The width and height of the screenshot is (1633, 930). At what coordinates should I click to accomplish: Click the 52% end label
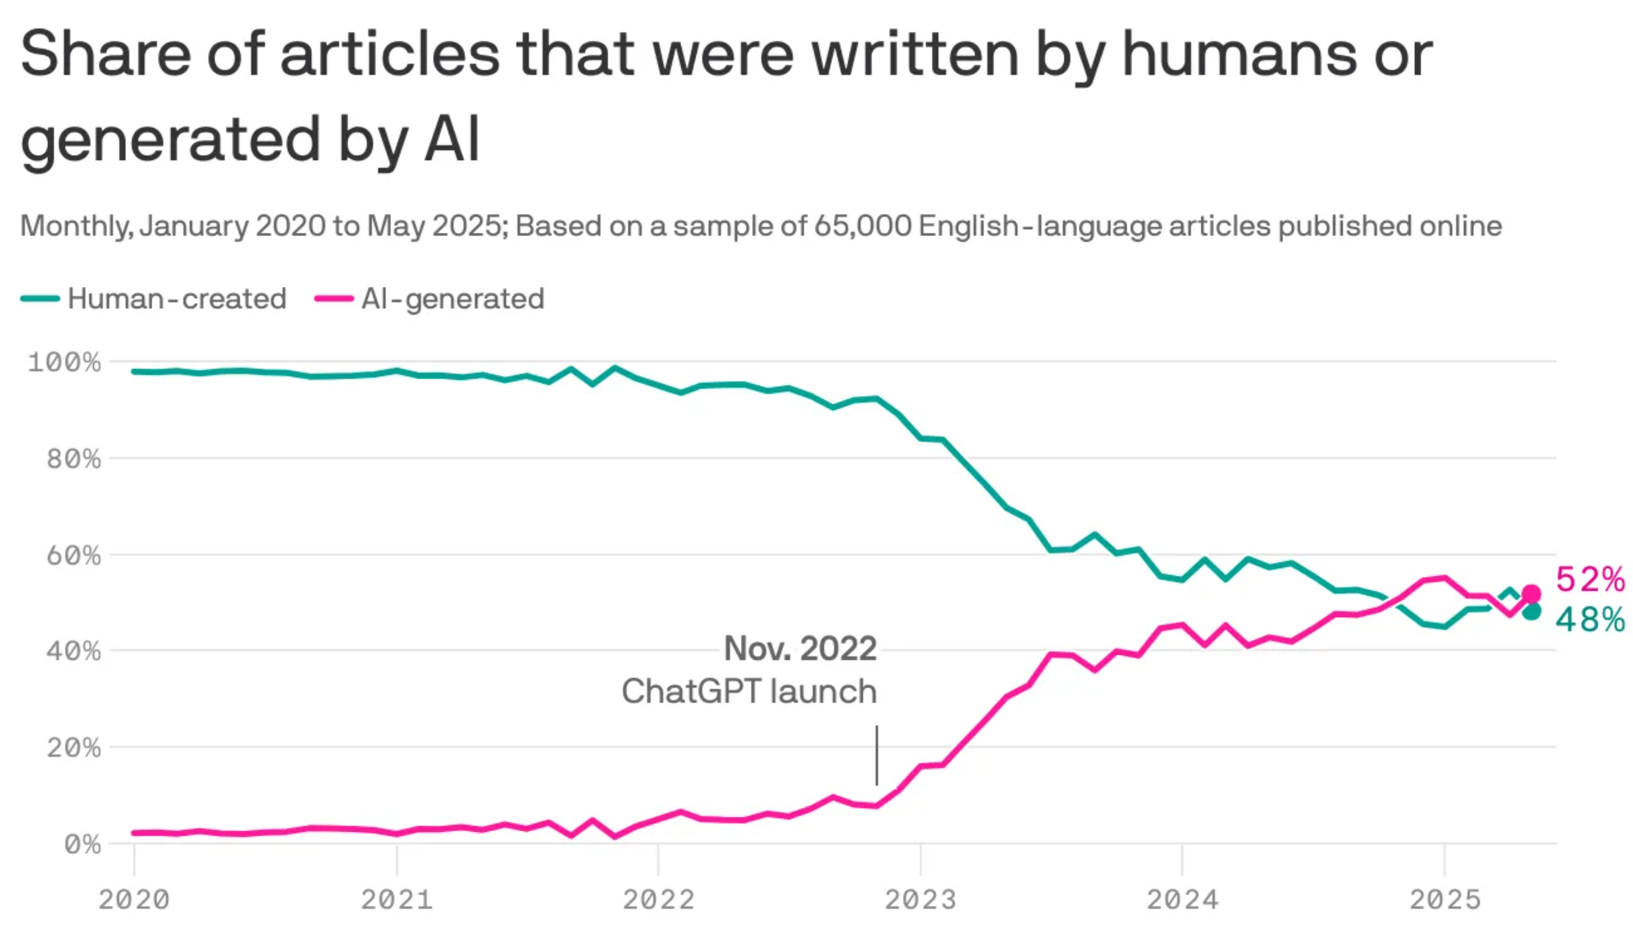(x=1589, y=579)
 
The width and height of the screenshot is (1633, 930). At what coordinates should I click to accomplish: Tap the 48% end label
(x=1589, y=619)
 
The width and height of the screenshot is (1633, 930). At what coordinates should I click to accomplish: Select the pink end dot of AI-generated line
(x=1531, y=594)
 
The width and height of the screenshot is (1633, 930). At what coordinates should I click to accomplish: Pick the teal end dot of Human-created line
(x=1531, y=611)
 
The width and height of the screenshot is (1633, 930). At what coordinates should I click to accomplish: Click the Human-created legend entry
(x=153, y=299)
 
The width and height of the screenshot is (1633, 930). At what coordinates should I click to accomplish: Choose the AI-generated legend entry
(x=430, y=299)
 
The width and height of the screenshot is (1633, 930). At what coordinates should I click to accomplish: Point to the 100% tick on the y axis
(x=64, y=362)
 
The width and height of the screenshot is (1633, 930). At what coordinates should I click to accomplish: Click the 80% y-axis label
(x=73, y=458)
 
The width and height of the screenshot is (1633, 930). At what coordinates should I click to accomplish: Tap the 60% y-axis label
(x=73, y=555)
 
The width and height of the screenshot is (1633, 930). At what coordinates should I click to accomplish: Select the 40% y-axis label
(x=73, y=651)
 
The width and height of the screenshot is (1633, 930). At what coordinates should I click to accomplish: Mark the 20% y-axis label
(x=73, y=748)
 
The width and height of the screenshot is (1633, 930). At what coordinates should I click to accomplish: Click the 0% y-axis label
(x=82, y=845)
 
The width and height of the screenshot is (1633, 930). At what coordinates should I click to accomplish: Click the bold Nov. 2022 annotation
(x=799, y=649)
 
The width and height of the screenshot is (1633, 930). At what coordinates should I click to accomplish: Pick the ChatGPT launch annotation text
(x=749, y=692)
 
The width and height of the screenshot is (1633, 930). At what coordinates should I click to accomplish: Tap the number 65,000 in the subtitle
(x=862, y=226)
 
